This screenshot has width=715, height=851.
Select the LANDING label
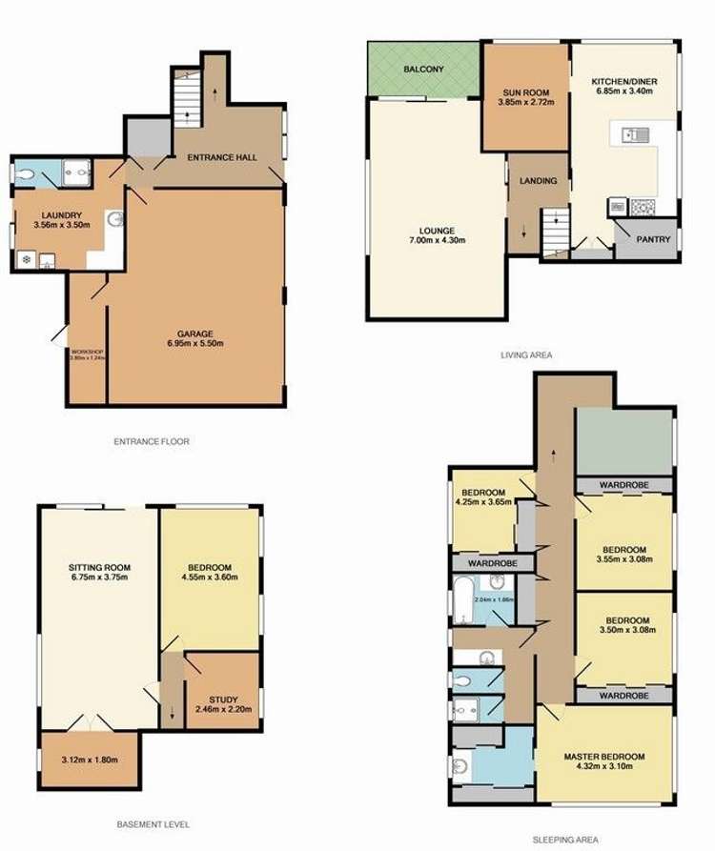click(538, 180)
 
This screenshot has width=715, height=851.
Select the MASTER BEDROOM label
click(604, 757)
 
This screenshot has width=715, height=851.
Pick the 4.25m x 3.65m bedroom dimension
click(486, 502)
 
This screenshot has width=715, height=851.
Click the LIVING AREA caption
click(527, 355)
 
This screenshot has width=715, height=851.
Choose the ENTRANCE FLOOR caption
click(153, 442)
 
